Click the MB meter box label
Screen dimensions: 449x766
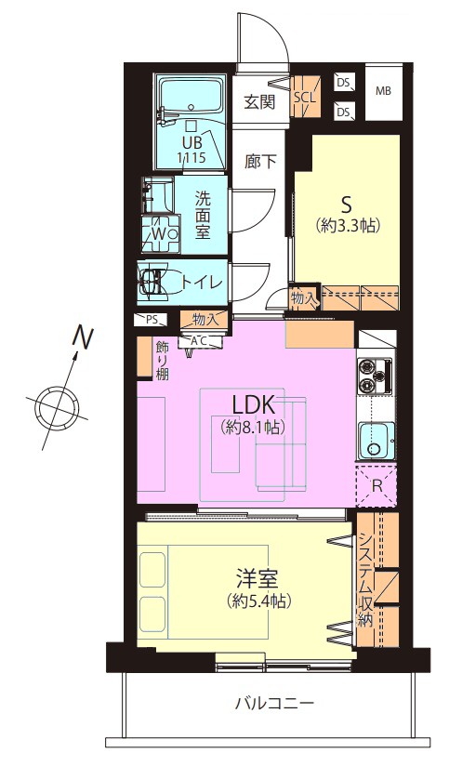pyautogui.click(x=383, y=91)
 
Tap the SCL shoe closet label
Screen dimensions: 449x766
pyautogui.click(x=305, y=97)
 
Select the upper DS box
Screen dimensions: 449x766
pyautogui.click(x=344, y=83)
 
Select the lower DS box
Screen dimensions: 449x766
pyautogui.click(x=344, y=112)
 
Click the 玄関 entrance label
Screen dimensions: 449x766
pyautogui.click(x=259, y=102)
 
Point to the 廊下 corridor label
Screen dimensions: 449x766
pyautogui.click(x=261, y=161)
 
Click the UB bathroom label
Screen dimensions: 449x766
pyautogui.click(x=190, y=142)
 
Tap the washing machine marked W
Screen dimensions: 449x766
pyautogui.click(x=160, y=233)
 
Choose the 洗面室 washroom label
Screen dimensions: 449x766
pyautogui.click(x=203, y=215)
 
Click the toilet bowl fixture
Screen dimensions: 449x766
pyautogui.click(x=151, y=282)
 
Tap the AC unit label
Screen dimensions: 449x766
pyautogui.click(x=202, y=341)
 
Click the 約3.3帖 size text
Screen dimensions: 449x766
pyautogui.click(x=349, y=225)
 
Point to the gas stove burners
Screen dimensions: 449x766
pyautogui.click(x=376, y=376)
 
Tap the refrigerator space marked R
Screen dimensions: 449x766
pyautogui.click(x=376, y=486)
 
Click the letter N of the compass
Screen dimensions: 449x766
pyautogui.click(x=83, y=337)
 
